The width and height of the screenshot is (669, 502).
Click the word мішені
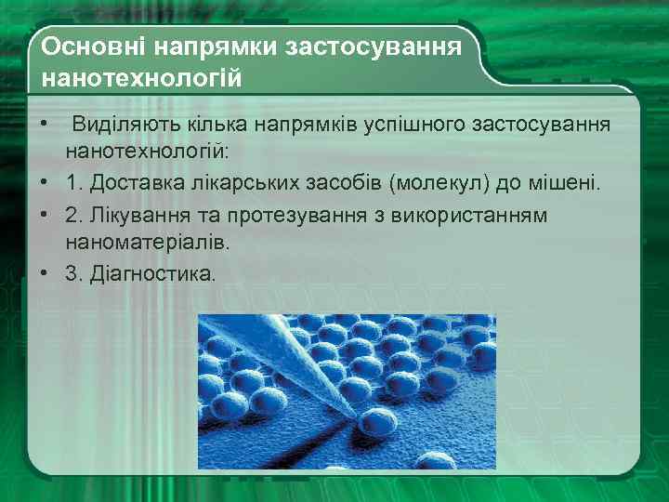[x=567, y=183]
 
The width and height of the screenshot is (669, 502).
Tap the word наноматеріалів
[x=147, y=243]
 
